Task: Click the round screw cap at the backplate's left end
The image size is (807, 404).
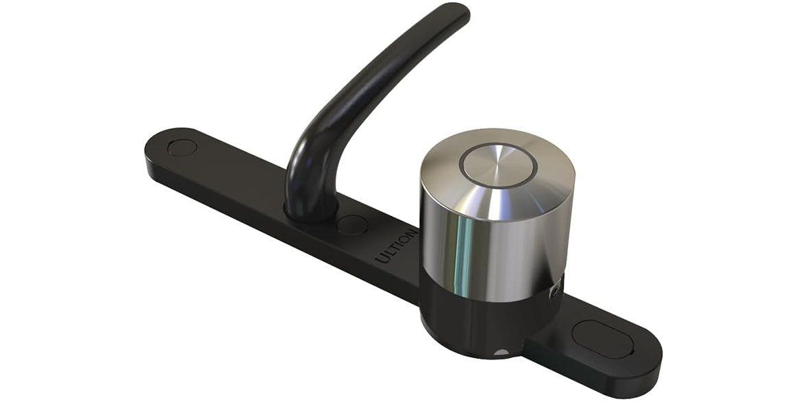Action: (182, 147)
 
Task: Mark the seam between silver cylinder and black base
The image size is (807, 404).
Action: (480, 296)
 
